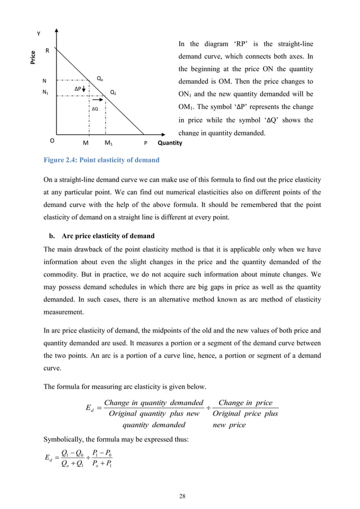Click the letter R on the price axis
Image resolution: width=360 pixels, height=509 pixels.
click(x=47, y=51)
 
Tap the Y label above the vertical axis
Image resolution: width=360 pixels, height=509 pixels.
click(x=38, y=33)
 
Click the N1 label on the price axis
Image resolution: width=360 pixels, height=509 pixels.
click(x=45, y=93)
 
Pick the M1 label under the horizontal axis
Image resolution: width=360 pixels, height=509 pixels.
click(x=109, y=143)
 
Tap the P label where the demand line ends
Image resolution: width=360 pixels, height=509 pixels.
click(x=145, y=143)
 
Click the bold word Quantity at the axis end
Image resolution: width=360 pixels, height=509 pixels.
click(x=170, y=143)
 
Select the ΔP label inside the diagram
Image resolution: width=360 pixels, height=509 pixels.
click(x=78, y=89)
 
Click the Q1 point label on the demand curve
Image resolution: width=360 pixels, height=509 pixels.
click(x=113, y=92)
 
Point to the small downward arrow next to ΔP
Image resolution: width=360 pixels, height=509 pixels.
click(x=84, y=89)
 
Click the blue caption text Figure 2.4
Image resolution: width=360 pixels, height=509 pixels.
click(x=102, y=160)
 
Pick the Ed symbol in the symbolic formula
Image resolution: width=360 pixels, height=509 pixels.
click(x=50, y=467)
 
